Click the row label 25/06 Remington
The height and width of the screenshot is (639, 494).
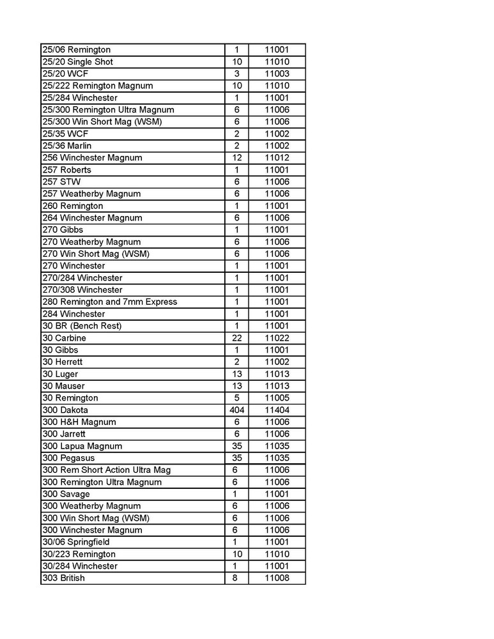tap(76, 50)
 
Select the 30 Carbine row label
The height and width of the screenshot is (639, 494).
tap(64, 338)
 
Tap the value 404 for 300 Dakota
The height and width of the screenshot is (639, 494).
tap(236, 410)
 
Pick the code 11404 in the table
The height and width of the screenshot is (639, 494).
tap(277, 410)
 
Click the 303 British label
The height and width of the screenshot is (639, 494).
tap(63, 578)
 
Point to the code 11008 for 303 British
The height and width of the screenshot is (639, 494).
tap(277, 578)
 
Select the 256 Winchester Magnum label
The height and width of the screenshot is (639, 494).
tap(92, 158)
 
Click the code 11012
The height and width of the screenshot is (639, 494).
tap(277, 158)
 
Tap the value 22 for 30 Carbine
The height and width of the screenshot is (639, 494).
tap(236, 338)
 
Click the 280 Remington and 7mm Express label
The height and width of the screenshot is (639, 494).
tap(109, 302)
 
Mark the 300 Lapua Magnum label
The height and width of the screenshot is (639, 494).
tap(82, 446)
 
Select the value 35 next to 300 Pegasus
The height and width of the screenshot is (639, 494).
tap(236, 458)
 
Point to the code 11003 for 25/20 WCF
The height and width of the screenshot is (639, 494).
tap(277, 74)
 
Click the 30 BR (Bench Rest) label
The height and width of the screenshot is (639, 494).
tap(82, 326)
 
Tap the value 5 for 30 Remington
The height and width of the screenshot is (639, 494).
tap(236, 398)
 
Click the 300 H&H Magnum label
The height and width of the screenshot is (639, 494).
tap(79, 422)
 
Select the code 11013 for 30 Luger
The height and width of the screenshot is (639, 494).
tap(277, 374)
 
